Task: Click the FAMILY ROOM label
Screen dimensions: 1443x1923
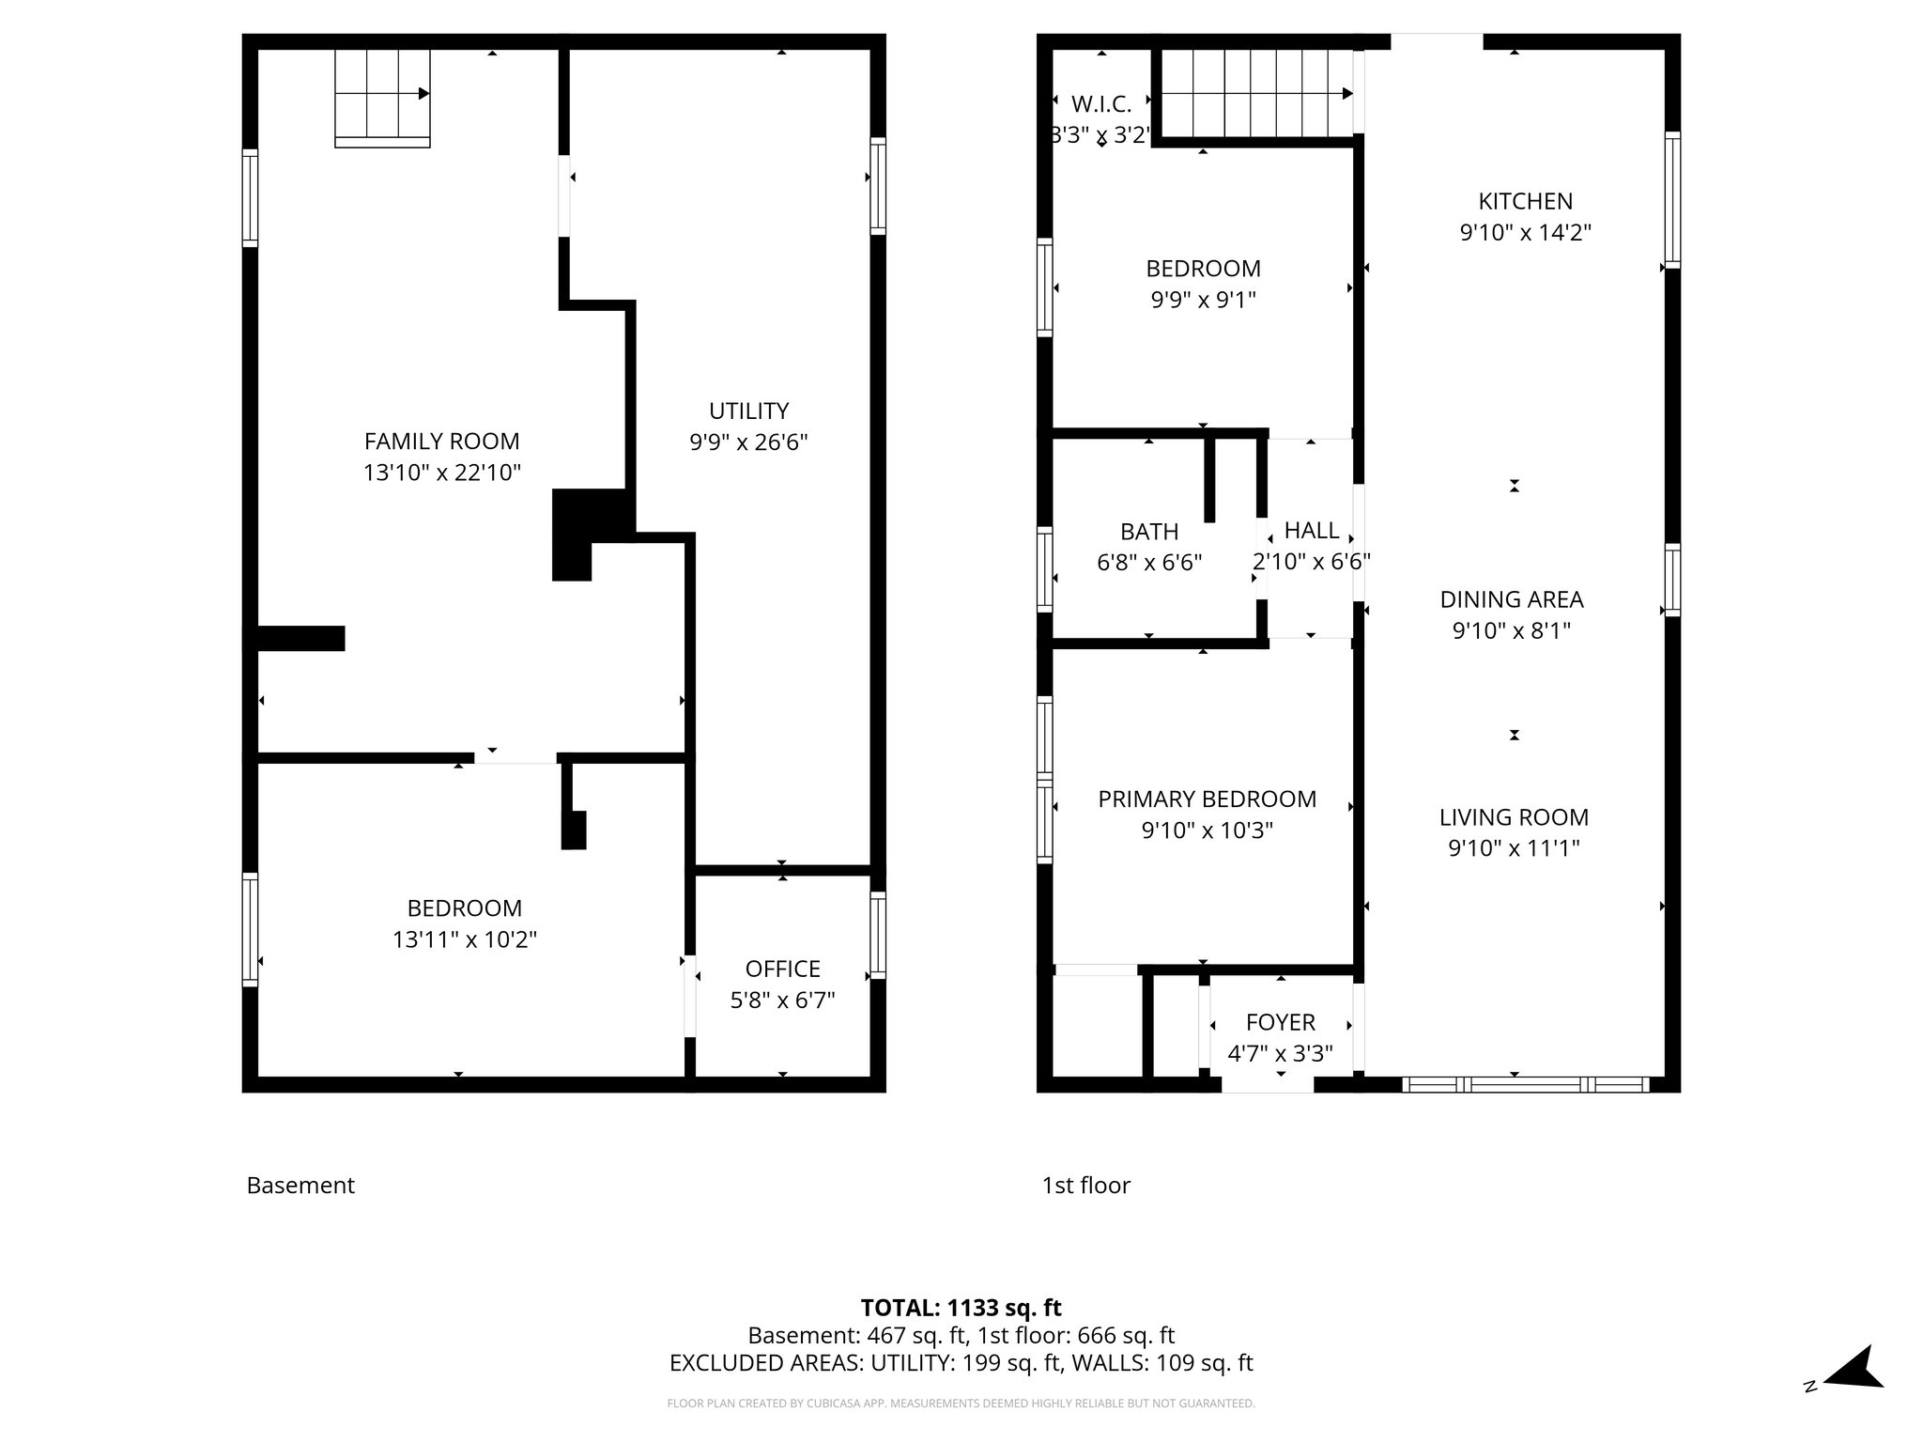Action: pos(441,441)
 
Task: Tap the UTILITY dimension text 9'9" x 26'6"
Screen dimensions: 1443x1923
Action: pos(748,442)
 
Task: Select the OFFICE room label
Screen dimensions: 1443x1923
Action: pos(782,969)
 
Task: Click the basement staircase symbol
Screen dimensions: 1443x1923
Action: pos(382,97)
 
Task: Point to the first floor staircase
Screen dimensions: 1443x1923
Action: pos(1253,93)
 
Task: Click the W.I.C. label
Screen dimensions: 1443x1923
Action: pos(1100,104)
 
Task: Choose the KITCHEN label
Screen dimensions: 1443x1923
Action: pos(1525,201)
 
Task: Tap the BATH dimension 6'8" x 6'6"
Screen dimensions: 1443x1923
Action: pos(1149,563)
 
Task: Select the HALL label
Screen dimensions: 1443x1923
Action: pos(1311,531)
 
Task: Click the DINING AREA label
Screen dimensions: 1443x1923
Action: pos(1511,599)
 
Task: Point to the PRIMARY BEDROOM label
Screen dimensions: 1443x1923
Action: pos(1207,799)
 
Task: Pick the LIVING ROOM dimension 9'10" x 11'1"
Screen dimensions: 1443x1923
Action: pos(1514,848)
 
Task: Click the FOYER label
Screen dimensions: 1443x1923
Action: pos(1280,1022)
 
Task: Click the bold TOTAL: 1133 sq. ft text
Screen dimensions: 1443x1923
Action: pos(961,1308)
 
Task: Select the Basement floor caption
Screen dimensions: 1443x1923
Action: pos(300,1186)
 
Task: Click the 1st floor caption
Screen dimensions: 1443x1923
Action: pos(1085,1186)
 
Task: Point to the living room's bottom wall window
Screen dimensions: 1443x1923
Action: pos(1525,1084)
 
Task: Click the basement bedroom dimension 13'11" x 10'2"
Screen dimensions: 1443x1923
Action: pos(465,939)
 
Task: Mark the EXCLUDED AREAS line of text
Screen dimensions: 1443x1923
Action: pos(961,1363)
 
